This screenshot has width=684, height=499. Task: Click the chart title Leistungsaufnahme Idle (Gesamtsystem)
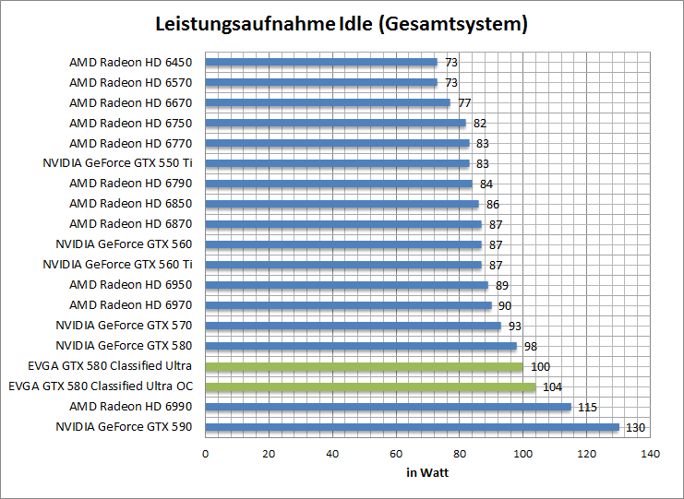pyautogui.click(x=342, y=25)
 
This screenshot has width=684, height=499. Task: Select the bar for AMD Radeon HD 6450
pyautogui.click(x=320, y=63)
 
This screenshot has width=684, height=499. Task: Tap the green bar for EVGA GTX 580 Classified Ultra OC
pyautogui.click(x=369, y=387)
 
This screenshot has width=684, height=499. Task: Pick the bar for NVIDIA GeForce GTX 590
pyautogui.click(x=412, y=427)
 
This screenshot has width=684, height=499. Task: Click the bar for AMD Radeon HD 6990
pyautogui.click(x=388, y=407)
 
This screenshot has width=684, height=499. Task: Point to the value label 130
pyautogui.click(x=636, y=428)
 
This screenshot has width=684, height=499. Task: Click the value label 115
pyautogui.click(x=587, y=408)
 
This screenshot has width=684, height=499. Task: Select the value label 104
pyautogui.click(x=552, y=387)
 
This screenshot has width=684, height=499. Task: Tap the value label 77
pyautogui.click(x=464, y=103)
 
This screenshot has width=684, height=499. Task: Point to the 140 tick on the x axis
pyautogui.click(x=651, y=454)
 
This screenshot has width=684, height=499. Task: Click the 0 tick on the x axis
pyautogui.click(x=205, y=454)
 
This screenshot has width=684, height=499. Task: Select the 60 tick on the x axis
pyautogui.click(x=396, y=454)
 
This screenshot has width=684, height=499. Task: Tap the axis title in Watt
pyautogui.click(x=427, y=473)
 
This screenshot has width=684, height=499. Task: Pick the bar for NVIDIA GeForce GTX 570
pyautogui.click(x=353, y=326)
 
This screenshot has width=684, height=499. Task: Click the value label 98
pyautogui.click(x=530, y=347)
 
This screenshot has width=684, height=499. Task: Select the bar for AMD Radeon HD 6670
pyautogui.click(x=327, y=103)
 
